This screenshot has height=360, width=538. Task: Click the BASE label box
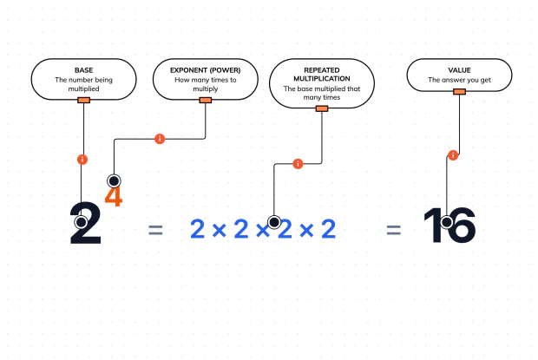pos(83,79)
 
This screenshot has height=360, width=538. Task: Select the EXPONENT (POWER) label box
pos(205,79)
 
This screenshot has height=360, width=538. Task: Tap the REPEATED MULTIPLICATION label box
pos(322,83)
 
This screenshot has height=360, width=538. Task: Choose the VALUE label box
pos(459,75)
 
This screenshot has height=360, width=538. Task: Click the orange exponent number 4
pos(114,196)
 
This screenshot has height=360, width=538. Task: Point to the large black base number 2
pos(86,223)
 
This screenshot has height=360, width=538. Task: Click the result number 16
pos(449,225)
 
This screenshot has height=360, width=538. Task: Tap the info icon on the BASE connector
pos(82,160)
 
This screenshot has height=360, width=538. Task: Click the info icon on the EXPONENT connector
pos(160,139)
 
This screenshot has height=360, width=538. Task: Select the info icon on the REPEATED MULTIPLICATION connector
pos(298,164)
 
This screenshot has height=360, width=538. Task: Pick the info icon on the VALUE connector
pos(453,155)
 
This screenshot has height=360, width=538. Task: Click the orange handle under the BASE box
pos(83,100)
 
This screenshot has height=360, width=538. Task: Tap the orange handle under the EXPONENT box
pos(205,100)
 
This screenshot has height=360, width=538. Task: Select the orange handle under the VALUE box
pos(459,92)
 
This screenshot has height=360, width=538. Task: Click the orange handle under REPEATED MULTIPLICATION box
pos(322,108)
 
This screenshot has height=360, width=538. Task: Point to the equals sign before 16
pos(394,230)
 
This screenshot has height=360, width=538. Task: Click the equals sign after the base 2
pos(155,230)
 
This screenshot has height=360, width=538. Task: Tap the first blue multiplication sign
pos(220,230)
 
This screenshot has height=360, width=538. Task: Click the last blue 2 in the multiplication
pos(328,229)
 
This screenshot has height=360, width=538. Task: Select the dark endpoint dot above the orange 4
pos(114,180)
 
